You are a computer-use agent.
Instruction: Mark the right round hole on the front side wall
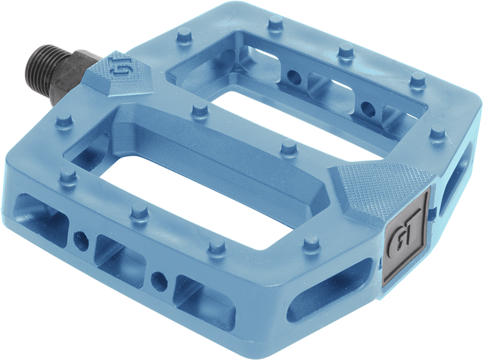[160, 278]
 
